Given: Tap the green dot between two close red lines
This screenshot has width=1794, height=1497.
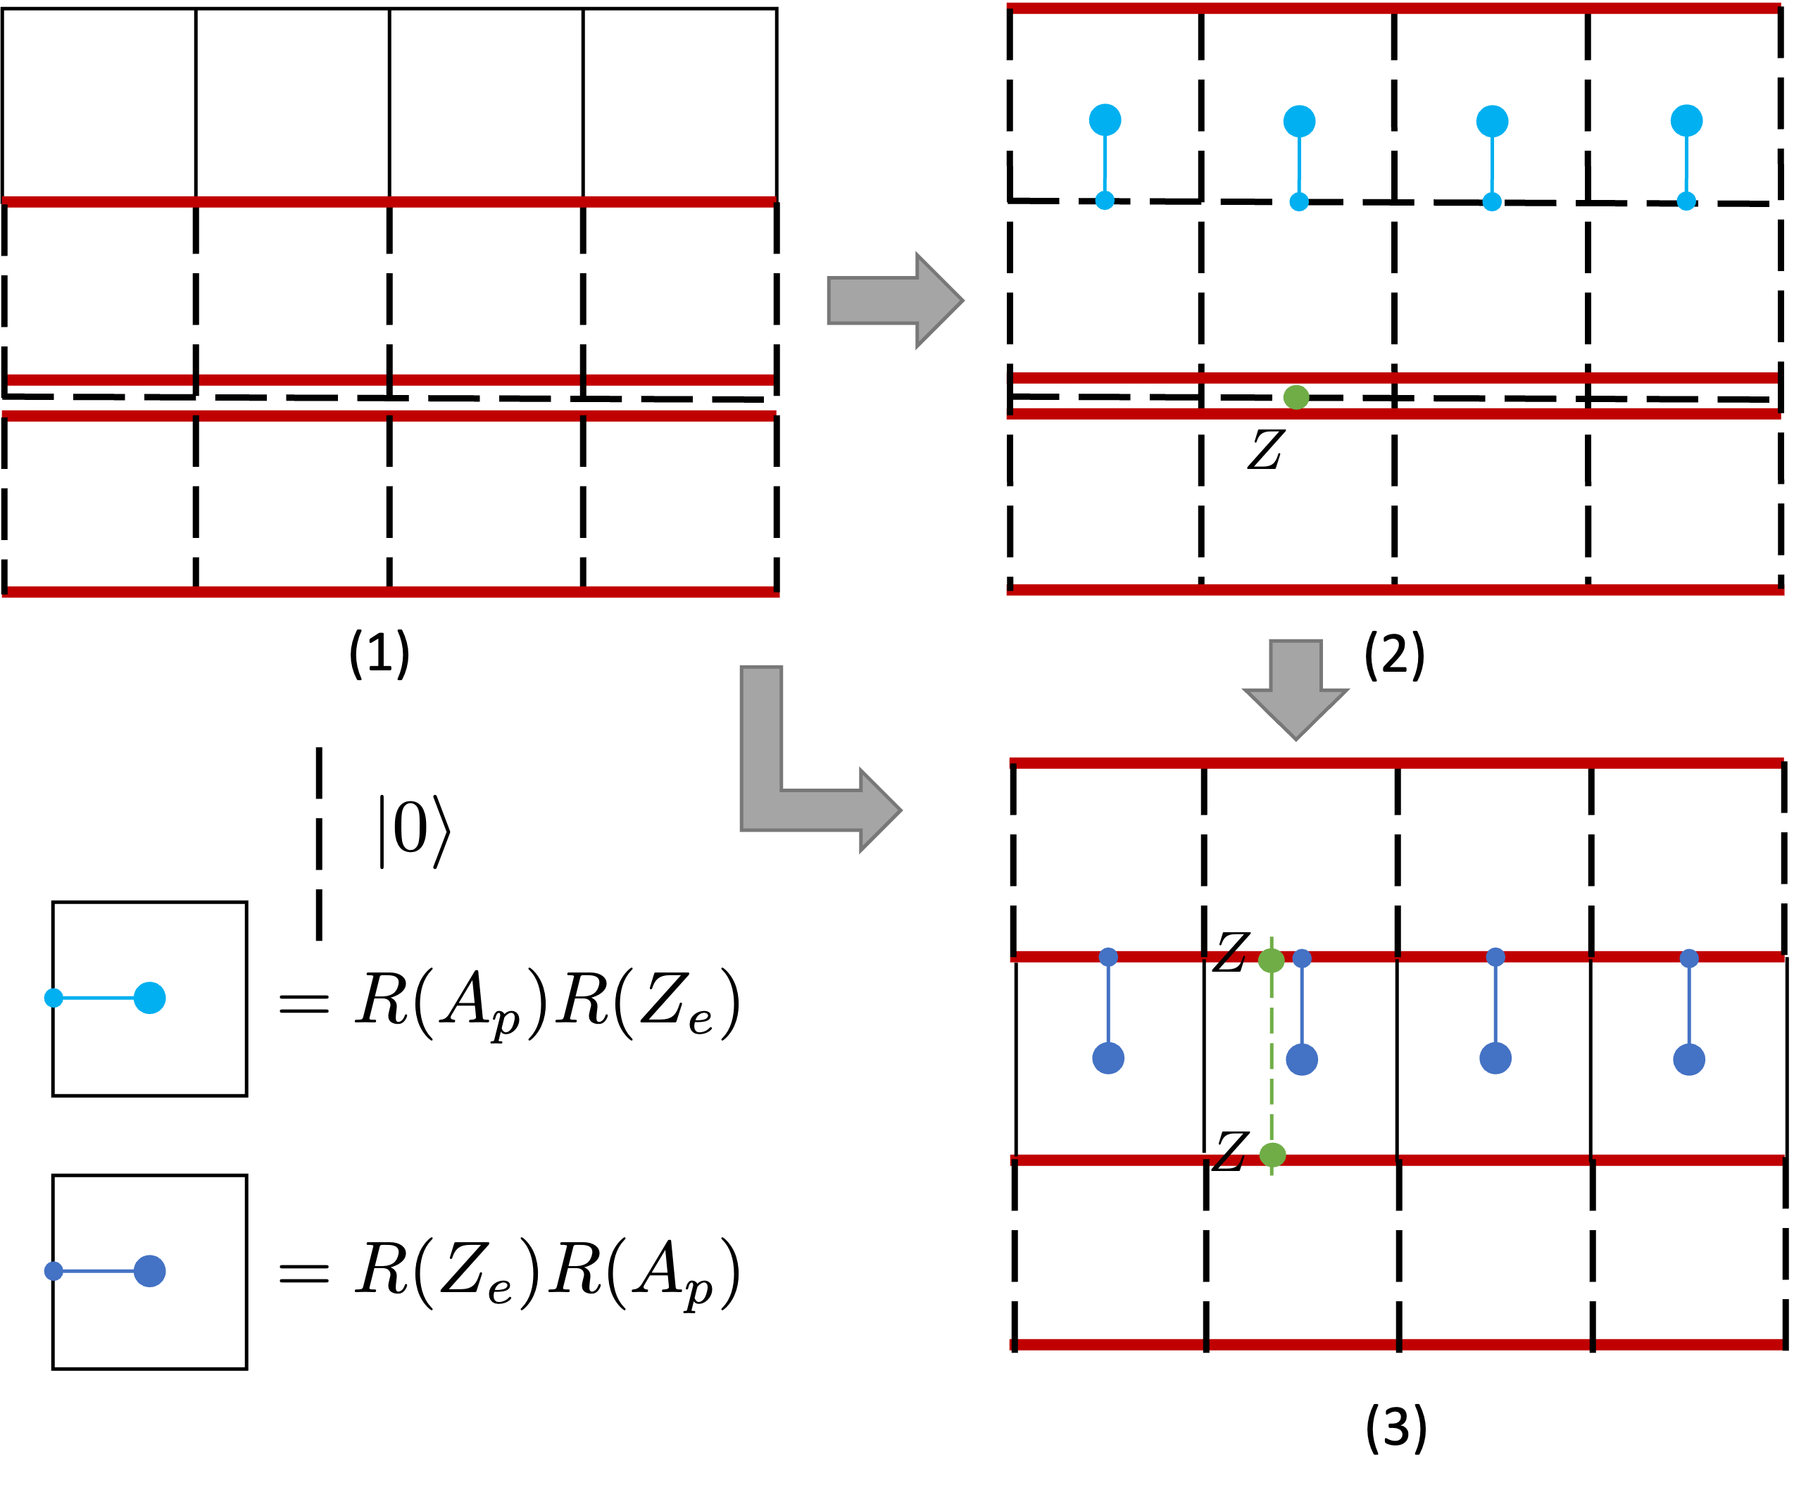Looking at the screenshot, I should (x=1296, y=397).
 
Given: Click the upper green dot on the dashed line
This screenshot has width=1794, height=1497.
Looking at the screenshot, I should (x=1271, y=960).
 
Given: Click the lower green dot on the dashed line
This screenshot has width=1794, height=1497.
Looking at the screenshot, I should (x=1272, y=1155).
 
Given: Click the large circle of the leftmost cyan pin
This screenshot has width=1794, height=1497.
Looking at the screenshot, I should (x=1105, y=120).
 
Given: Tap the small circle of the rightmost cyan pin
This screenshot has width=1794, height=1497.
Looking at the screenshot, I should (x=1686, y=201).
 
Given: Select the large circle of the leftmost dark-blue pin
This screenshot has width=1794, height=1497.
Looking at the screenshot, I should (x=1108, y=1058).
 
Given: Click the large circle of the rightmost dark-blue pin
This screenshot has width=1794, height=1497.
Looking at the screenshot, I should (x=1689, y=1060).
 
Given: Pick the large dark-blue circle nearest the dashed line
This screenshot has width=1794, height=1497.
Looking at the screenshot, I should (x=1302, y=1060).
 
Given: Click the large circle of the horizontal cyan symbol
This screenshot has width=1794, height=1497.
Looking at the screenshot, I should (x=149, y=998).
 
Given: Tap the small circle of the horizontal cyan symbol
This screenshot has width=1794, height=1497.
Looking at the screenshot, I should (x=54, y=998).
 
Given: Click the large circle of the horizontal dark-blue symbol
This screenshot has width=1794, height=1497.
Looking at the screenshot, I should (x=149, y=1272).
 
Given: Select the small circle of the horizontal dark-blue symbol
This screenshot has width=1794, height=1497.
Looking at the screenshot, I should (x=54, y=1272).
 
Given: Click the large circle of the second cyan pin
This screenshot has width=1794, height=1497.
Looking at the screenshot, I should (x=1299, y=121).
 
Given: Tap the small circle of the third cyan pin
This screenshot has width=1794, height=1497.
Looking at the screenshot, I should (x=1491, y=201).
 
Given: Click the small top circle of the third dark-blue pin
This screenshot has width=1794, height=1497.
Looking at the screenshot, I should (x=1495, y=957).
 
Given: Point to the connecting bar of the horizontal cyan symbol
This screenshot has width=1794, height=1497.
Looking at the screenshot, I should (x=99, y=998).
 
